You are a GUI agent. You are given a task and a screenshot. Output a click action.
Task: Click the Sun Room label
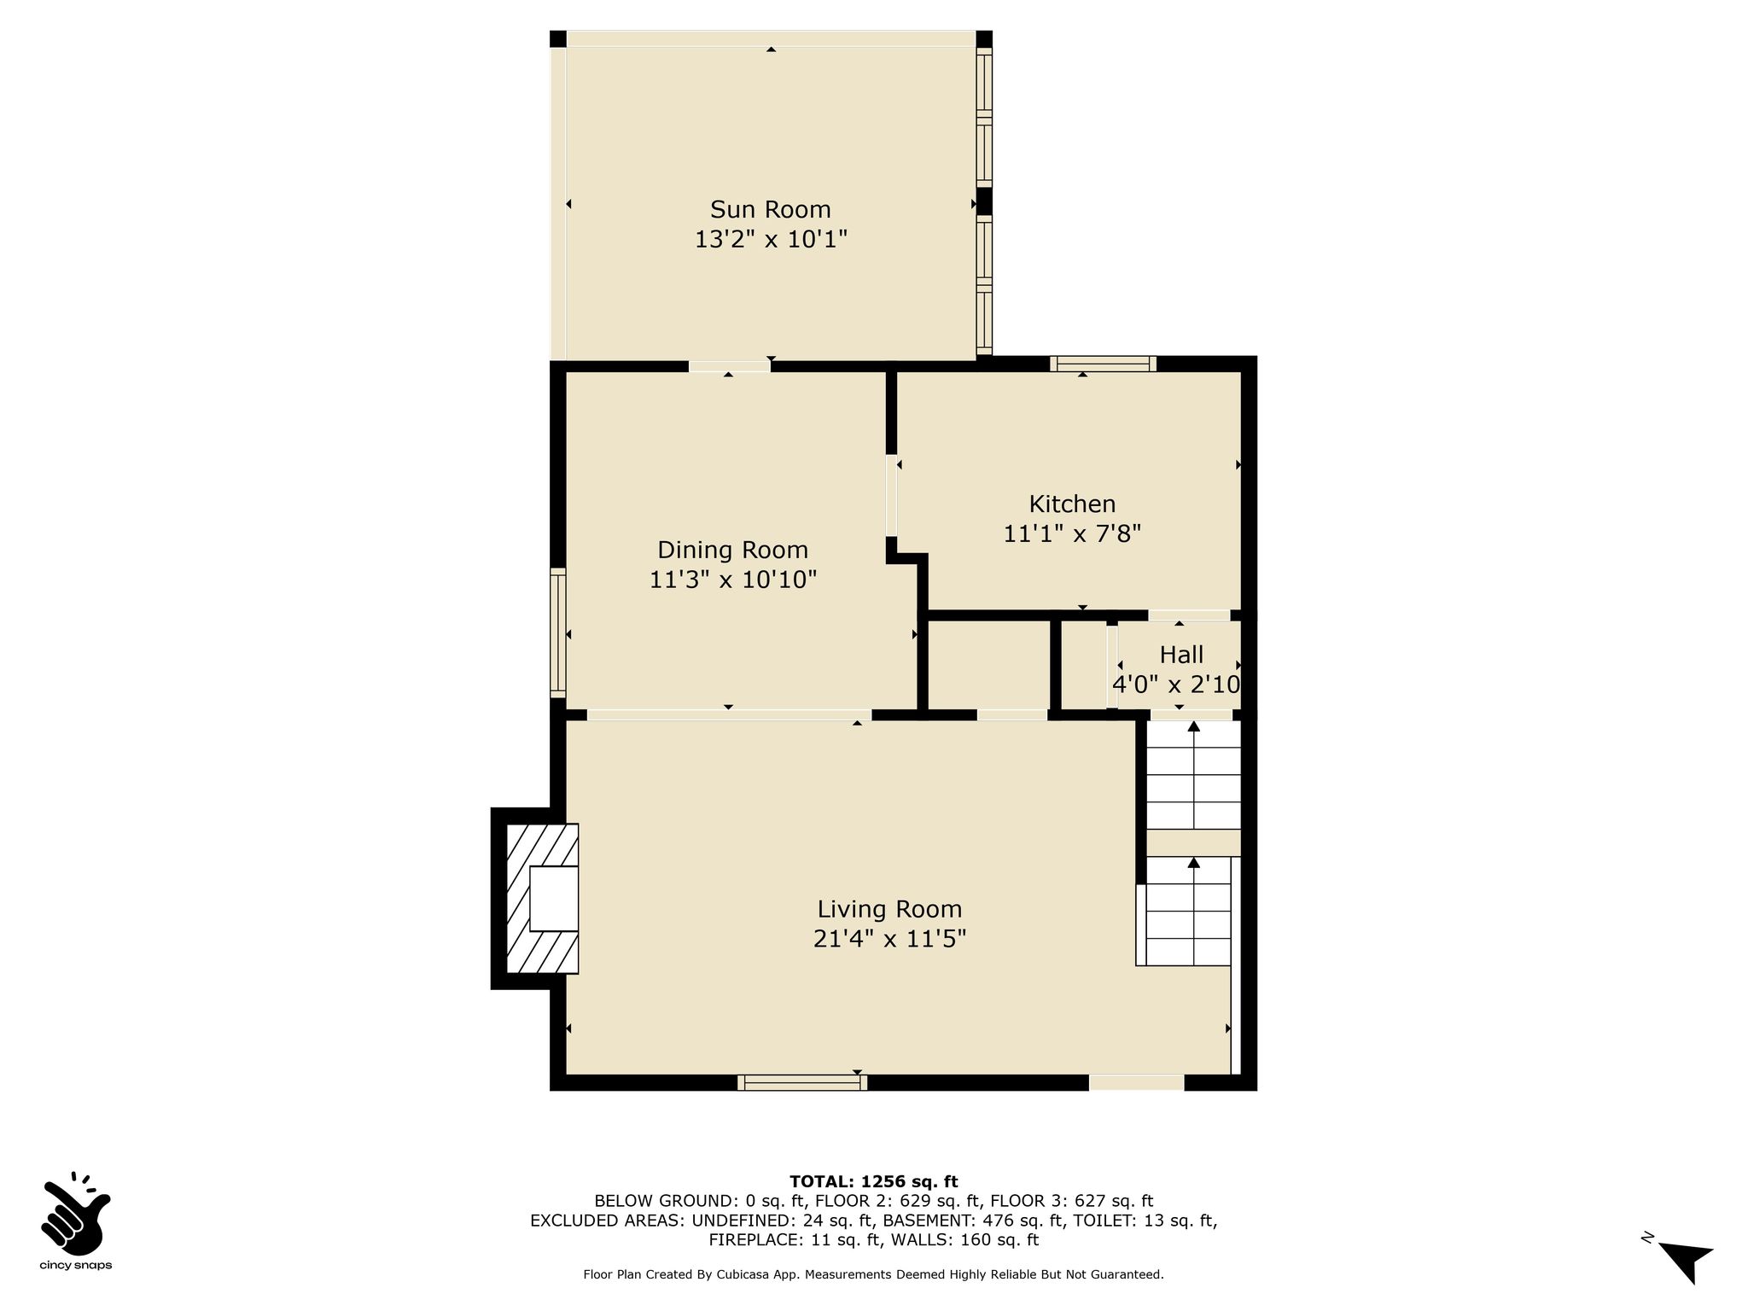coord(770,209)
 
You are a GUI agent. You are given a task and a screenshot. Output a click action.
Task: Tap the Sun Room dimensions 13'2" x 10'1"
coord(771,239)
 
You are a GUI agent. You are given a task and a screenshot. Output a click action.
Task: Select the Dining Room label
coord(732,550)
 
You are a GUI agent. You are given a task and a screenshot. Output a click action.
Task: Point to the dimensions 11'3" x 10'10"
coord(733,580)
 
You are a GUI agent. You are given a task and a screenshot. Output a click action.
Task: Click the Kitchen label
coord(1072,504)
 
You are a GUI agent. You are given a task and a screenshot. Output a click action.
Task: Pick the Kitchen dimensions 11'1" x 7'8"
coord(1072,533)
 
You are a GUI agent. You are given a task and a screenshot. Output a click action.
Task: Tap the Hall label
coord(1181,655)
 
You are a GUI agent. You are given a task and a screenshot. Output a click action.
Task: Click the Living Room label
coord(889,909)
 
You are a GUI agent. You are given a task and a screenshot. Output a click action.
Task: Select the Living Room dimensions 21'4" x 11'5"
coord(889,939)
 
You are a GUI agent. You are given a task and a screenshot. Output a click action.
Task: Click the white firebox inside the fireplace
coord(554,899)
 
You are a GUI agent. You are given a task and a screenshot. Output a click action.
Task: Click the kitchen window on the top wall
coord(1103,364)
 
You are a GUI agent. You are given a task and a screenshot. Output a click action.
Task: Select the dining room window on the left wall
coord(558,632)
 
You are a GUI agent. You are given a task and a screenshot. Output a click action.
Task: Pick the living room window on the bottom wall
coord(802,1082)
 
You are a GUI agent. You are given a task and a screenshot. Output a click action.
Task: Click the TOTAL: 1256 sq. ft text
coord(873,1181)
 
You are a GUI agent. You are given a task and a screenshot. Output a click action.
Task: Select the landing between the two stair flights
coord(1193,842)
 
